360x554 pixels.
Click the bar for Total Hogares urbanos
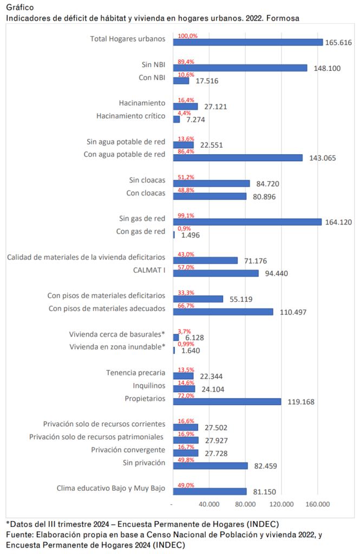click(247, 42)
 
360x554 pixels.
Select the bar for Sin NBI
click(240, 68)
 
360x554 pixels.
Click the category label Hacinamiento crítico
click(130, 116)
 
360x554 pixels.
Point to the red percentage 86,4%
click(186, 152)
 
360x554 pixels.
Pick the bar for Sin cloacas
click(211, 183)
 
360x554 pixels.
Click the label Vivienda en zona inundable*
click(117, 347)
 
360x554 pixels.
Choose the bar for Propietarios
click(227, 401)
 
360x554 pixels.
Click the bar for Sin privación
click(210, 466)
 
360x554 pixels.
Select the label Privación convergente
click(128, 450)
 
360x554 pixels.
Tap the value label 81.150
click(263, 492)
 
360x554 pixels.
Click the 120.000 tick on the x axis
click(282, 505)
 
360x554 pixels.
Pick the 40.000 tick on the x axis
click(209, 505)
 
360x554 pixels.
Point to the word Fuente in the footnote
click(19, 535)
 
